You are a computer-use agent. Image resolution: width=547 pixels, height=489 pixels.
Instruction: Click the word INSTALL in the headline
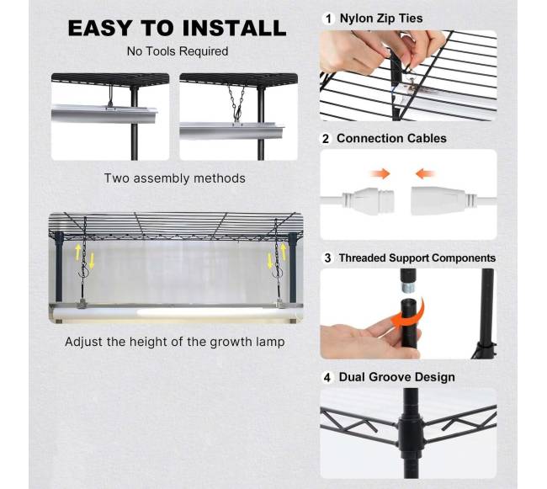234,28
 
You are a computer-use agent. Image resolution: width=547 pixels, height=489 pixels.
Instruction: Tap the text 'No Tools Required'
178,51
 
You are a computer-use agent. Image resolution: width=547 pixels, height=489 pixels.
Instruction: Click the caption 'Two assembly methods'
175,178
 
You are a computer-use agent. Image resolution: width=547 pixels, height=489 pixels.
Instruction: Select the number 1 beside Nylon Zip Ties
328,19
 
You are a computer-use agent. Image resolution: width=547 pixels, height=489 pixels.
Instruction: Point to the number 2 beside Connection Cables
326,139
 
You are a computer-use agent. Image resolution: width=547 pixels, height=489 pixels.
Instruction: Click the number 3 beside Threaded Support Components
327,258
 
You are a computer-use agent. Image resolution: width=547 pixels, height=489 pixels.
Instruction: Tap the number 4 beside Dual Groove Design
327,377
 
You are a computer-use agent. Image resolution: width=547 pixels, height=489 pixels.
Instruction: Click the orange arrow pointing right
380,173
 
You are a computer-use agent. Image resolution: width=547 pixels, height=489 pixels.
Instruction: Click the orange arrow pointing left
425,173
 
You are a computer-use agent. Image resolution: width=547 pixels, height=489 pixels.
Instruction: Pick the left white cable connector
368,201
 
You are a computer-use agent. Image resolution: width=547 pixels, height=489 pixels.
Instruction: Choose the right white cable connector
443,201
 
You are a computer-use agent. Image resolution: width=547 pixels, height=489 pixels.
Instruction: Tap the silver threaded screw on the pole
406,288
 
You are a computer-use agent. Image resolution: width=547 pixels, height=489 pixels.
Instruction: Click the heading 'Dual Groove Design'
397,377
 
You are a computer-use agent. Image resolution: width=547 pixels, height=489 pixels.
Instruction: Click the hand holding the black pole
370,339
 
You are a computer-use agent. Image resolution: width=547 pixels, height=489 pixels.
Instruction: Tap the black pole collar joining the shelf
411,432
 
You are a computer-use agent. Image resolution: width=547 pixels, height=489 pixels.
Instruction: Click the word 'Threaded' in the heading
363,258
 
